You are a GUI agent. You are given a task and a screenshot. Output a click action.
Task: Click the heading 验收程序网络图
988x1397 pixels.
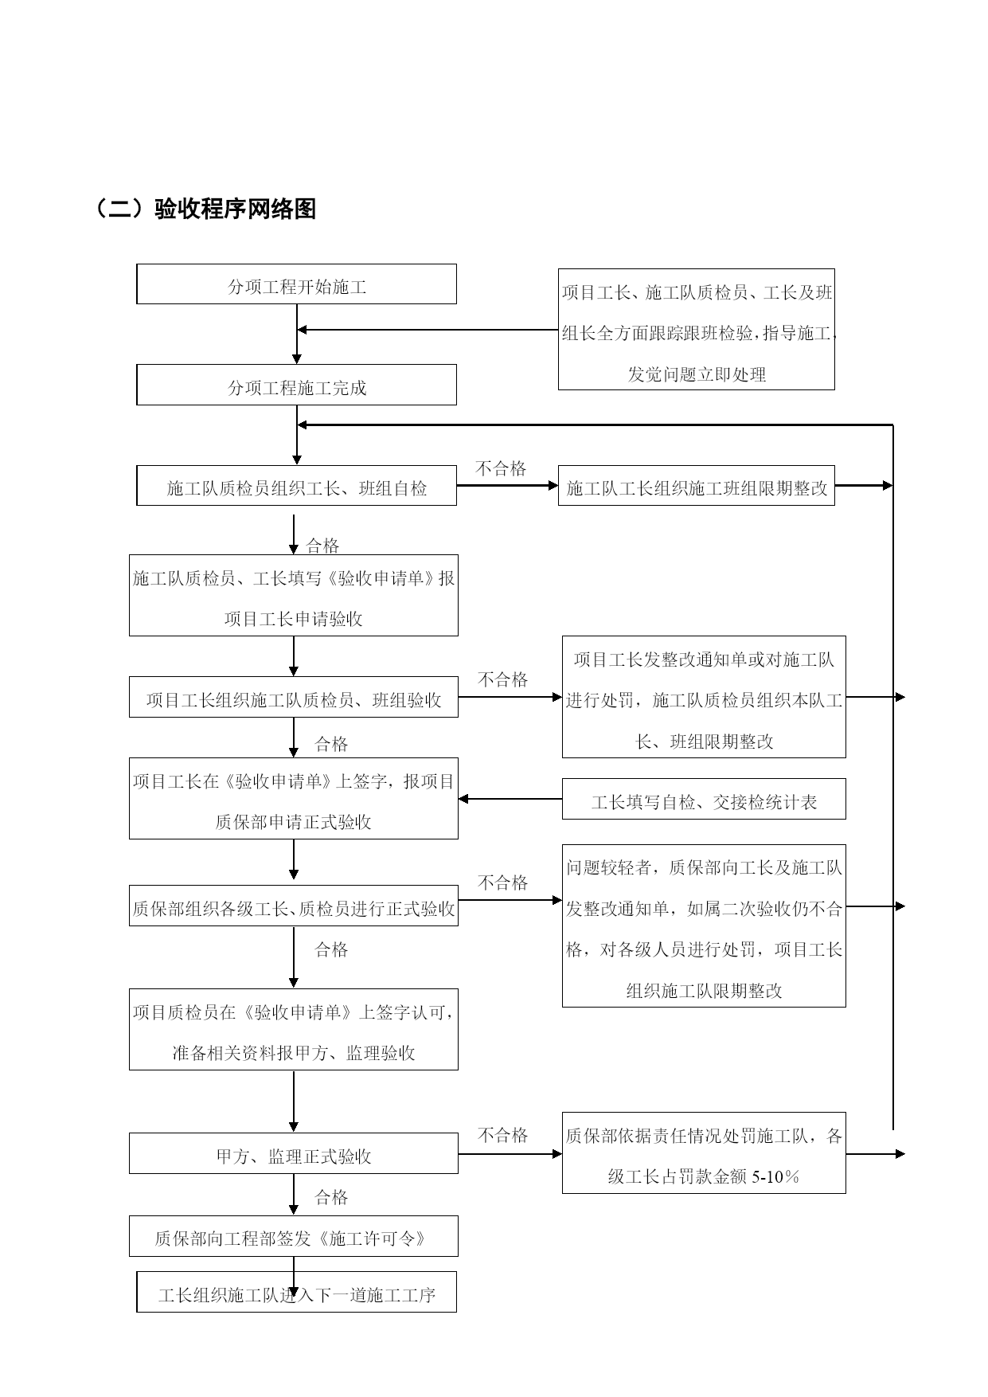pyautogui.click(x=236, y=209)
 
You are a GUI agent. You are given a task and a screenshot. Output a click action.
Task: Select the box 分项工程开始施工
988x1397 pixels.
pyautogui.click(x=296, y=284)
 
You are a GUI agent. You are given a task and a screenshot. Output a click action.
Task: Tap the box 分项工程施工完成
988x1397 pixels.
pyautogui.click(x=296, y=385)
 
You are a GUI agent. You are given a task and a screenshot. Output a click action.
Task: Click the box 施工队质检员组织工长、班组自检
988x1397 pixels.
pyautogui.click(x=296, y=486)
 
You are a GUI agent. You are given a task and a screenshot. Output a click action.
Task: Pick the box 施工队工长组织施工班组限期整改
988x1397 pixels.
pyautogui.click(x=697, y=486)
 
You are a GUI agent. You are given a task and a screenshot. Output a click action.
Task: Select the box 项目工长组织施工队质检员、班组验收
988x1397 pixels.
pyautogui.click(x=294, y=698)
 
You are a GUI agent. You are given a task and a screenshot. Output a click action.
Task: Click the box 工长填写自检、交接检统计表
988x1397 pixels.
pyautogui.click(x=704, y=800)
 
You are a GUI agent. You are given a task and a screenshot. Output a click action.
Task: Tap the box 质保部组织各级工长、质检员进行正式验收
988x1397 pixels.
pyautogui.click(x=294, y=906)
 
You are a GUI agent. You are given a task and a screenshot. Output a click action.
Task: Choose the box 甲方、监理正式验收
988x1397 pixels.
pyautogui.click(x=294, y=1153)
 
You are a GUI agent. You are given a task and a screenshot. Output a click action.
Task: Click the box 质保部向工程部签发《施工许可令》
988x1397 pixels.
pyautogui.click(x=294, y=1236)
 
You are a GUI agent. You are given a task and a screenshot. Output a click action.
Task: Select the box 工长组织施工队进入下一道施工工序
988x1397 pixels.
pyautogui.click(x=296, y=1292)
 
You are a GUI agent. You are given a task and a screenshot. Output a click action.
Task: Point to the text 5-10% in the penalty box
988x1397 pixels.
pyautogui.click(x=775, y=1177)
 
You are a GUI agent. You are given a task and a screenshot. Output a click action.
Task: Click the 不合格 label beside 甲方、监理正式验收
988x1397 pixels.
pyautogui.click(x=502, y=1135)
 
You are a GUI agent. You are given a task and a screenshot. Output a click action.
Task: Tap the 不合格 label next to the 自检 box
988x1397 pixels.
pyautogui.click(x=501, y=468)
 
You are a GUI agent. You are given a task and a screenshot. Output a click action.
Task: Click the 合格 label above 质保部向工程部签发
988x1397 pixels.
pyautogui.click(x=331, y=1197)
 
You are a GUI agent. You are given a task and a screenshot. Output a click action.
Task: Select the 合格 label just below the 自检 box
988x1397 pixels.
pyautogui.click(x=322, y=546)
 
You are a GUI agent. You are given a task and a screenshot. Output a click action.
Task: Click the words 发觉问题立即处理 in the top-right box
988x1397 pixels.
pyautogui.click(x=697, y=374)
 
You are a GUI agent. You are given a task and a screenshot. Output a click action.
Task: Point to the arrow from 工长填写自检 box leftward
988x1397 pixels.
pyautogui.click(x=510, y=799)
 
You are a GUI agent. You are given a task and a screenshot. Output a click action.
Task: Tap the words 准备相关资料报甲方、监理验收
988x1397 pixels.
pyautogui.click(x=294, y=1053)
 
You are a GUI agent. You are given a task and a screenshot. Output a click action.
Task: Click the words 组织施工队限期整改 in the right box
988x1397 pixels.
pyautogui.click(x=704, y=991)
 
